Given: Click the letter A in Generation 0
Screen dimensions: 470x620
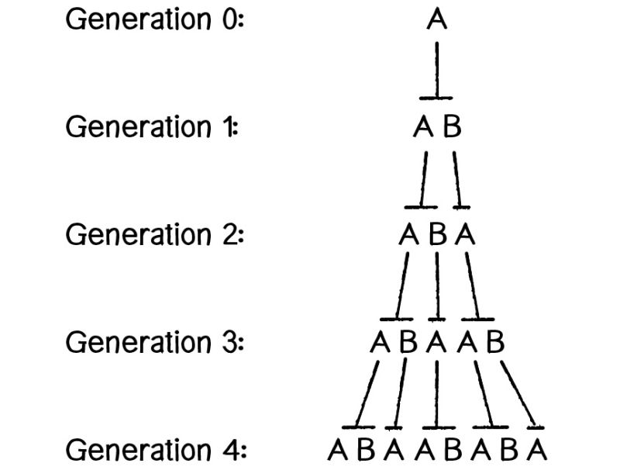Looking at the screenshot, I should point(437,19).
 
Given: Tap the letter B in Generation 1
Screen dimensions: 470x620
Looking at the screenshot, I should point(452,126).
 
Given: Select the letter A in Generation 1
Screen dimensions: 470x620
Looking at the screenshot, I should point(423,126).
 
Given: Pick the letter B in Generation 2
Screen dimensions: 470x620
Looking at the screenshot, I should point(437,234).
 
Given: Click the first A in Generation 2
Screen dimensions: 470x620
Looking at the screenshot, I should point(409,234).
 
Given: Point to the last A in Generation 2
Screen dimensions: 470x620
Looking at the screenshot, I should point(465,234).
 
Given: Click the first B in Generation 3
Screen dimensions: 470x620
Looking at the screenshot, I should point(408,342).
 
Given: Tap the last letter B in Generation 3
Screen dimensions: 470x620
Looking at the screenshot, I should point(494,342).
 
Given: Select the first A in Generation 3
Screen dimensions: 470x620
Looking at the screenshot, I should point(380,342).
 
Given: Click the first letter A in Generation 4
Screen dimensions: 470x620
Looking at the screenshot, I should point(337,450).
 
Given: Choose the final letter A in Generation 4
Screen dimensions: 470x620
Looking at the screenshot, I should point(537,450).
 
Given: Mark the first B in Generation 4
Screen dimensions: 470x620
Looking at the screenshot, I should point(366,450).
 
